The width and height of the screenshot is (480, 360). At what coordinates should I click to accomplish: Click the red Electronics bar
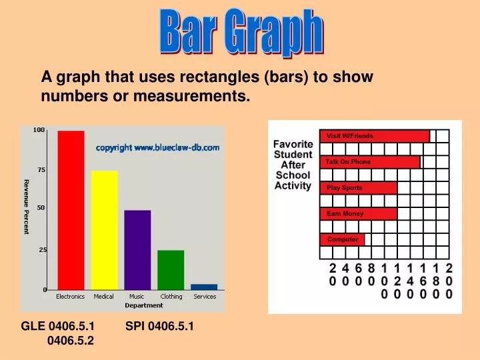71,210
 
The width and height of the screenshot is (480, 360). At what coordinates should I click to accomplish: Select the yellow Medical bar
104,230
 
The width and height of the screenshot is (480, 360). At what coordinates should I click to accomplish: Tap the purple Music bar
137,249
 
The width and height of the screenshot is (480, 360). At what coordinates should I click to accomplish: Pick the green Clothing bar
171,269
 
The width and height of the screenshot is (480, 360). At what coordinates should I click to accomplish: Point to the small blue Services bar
204,287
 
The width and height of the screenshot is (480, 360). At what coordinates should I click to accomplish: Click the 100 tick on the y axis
39,129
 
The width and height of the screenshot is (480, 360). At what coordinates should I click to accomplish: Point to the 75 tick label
41,170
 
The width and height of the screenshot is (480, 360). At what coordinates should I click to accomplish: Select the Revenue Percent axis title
27,207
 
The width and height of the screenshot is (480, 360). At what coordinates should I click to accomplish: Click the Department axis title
144,305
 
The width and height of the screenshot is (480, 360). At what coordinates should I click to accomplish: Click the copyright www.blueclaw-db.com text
157,147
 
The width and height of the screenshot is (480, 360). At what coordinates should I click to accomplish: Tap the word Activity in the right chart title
293,185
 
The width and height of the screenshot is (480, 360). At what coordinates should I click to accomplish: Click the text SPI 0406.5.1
159,326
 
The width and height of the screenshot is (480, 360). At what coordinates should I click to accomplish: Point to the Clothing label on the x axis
171,296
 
